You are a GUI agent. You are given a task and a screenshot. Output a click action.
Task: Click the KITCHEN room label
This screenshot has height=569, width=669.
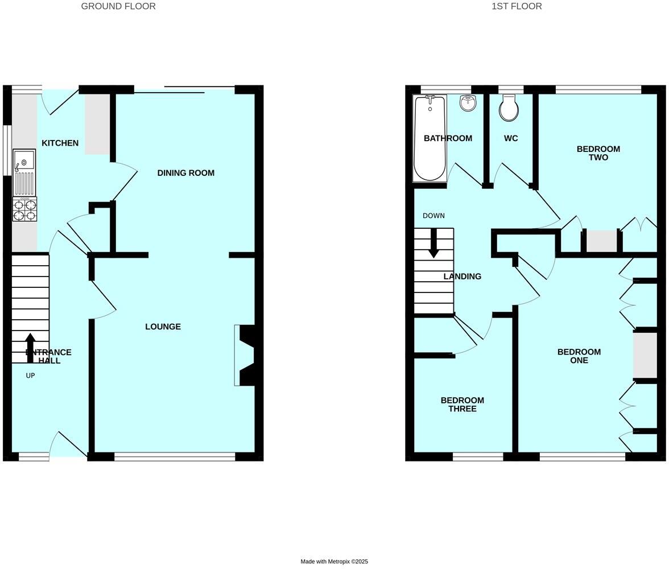[x=60, y=143]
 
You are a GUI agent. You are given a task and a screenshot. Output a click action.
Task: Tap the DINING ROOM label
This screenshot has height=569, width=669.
[x=185, y=173]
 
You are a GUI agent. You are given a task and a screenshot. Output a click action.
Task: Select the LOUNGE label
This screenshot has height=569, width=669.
[x=163, y=327]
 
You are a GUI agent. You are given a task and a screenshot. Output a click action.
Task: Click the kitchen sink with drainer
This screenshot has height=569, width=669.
[x=24, y=172]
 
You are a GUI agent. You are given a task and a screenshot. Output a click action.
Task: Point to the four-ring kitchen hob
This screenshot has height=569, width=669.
[x=24, y=209]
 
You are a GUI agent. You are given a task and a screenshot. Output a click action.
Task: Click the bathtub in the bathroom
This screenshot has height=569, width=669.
[x=430, y=138]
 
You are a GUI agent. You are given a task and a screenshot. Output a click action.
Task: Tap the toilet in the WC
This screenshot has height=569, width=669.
[x=509, y=108]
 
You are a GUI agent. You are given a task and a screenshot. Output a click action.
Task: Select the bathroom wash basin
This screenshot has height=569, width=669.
[x=468, y=103]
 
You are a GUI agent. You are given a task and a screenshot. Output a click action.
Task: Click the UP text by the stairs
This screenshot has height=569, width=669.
[x=30, y=376]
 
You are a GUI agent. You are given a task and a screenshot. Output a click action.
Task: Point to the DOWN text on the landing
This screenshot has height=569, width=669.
[x=433, y=216]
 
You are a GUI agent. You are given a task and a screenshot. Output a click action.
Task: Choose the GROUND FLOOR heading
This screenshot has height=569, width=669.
[x=118, y=6]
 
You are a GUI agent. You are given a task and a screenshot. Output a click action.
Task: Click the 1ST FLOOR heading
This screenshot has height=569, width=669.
[x=517, y=6]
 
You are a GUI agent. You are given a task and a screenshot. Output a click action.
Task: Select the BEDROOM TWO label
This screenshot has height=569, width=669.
[x=598, y=153]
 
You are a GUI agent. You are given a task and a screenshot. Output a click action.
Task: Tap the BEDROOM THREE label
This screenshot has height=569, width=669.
[x=462, y=405]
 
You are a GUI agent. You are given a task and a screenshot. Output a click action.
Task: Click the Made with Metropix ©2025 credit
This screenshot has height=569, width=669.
[x=334, y=562]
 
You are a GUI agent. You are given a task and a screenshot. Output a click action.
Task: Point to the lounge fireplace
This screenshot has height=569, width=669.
[x=246, y=355]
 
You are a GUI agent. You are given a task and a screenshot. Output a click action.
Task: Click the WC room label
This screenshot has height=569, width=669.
[x=511, y=138]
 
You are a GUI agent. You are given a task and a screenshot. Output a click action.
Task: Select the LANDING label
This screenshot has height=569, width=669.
[x=462, y=277]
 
